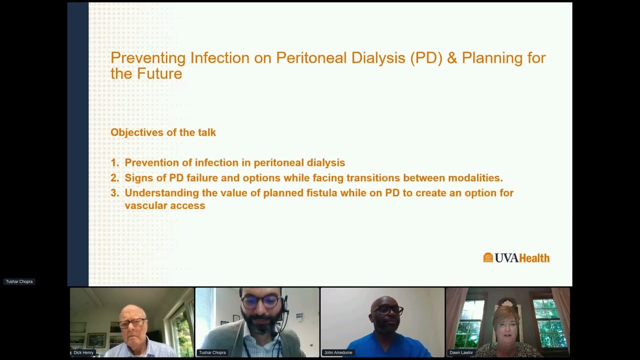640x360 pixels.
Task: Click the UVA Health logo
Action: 516,258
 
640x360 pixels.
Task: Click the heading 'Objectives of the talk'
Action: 163,132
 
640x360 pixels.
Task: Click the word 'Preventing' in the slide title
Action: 148,58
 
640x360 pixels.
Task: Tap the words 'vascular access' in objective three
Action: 164,206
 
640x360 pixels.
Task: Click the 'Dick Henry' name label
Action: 83,352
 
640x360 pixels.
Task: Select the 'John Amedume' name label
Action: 338,352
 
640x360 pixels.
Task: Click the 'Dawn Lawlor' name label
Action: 461,352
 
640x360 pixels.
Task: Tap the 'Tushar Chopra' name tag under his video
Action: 212,352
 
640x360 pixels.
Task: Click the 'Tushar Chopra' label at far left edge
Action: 19,281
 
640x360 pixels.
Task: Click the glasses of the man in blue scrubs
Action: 387,310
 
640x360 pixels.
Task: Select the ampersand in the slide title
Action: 452,58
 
